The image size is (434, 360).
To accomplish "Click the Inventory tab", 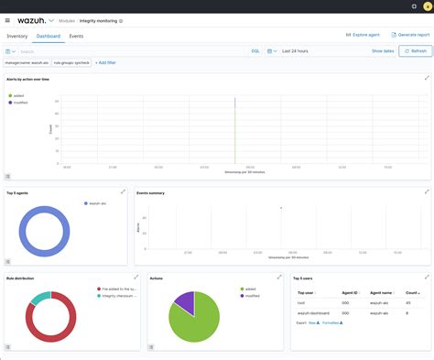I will click(x=17, y=36).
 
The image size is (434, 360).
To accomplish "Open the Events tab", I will click(x=77, y=36).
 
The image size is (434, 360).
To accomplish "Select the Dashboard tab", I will click(x=49, y=36).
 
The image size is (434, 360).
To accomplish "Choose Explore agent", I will click(x=363, y=35).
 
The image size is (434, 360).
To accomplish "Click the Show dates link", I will click(x=383, y=51).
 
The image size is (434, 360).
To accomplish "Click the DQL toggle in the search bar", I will click(x=255, y=51).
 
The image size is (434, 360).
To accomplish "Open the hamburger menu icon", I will click(x=8, y=19).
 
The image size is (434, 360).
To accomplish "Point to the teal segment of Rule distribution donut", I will click(x=38, y=299).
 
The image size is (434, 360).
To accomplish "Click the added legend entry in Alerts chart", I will click(x=17, y=93).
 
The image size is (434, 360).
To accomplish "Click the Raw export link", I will click(x=312, y=323).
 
